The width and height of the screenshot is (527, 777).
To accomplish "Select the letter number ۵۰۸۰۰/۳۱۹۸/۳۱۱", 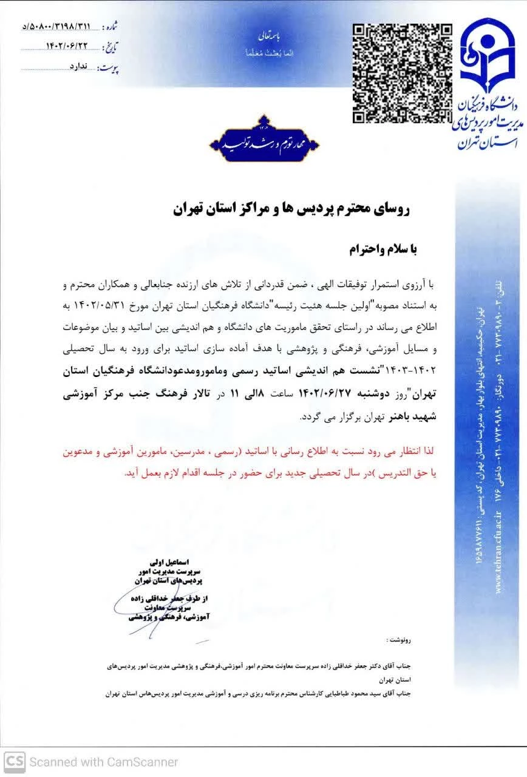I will pos(58,27).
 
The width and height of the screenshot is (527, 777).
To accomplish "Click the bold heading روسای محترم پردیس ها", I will pos(291,210).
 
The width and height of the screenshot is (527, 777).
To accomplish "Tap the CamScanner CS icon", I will pos(14,761).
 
